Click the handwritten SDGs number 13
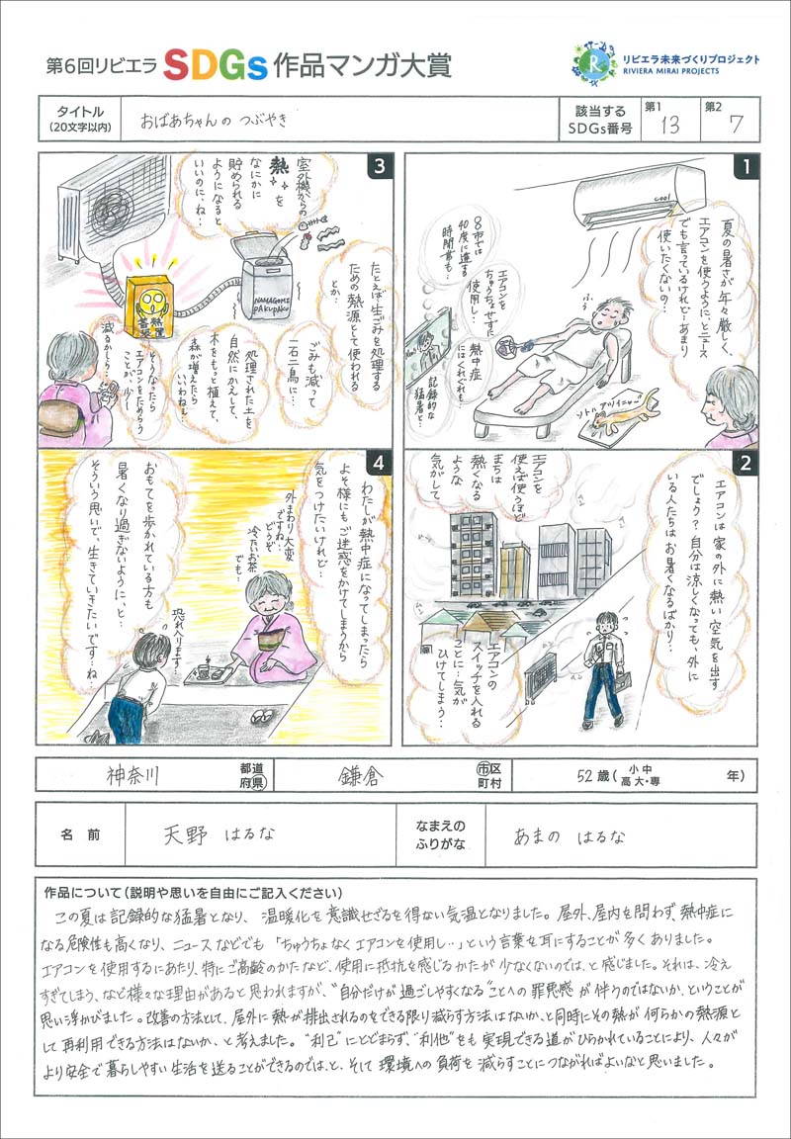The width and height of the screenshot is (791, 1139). tap(669, 126)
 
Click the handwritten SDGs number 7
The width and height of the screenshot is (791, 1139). tap(734, 125)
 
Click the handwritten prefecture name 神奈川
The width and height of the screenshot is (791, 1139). tap(138, 774)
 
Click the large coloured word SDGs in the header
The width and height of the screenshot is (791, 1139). tap(215, 65)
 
